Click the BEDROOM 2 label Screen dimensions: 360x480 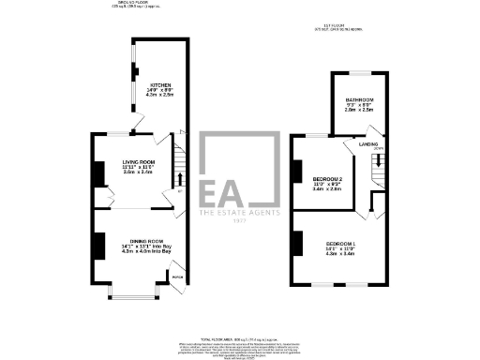click(x=327, y=178)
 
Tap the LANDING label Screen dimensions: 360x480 click(x=368, y=143)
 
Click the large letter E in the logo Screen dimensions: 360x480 click(x=217, y=191)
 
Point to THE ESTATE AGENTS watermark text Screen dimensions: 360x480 click(x=239, y=215)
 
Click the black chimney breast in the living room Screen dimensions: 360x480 click(x=97, y=173)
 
